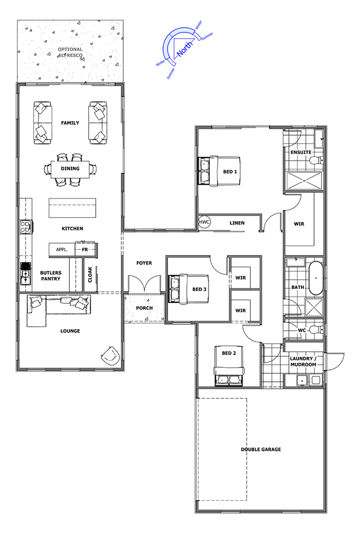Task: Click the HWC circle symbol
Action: pos(205,222)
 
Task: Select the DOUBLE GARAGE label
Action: pos(261,450)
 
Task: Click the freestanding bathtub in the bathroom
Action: pos(316,278)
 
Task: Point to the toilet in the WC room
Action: pos(316,330)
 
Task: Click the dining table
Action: pos(70,169)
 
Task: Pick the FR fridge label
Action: pos(85,249)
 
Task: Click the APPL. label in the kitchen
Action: pos(62,249)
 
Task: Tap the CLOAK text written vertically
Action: pos(90,275)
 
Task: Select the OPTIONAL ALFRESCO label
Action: pos(70,52)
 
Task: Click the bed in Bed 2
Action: pos(230,366)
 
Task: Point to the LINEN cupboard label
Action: pos(237,223)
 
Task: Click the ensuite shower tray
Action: pos(304,181)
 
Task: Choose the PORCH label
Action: pos(144,308)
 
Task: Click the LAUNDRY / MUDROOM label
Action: pos(303,361)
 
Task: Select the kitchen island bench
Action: pos(73,208)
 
